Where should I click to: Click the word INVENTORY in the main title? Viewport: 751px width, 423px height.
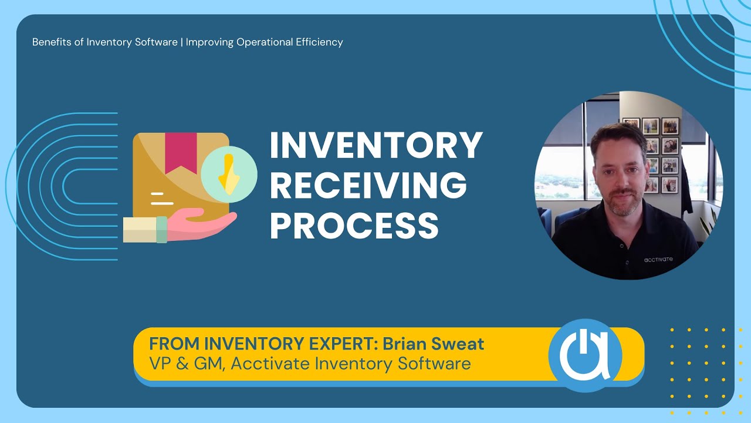pos(376,146)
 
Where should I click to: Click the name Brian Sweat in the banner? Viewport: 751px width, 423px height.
pos(434,344)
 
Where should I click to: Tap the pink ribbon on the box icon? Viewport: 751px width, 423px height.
pos(181,152)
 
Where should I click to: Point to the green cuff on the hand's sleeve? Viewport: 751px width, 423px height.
pos(161,229)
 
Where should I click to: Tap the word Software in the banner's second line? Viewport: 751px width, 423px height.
pos(434,364)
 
